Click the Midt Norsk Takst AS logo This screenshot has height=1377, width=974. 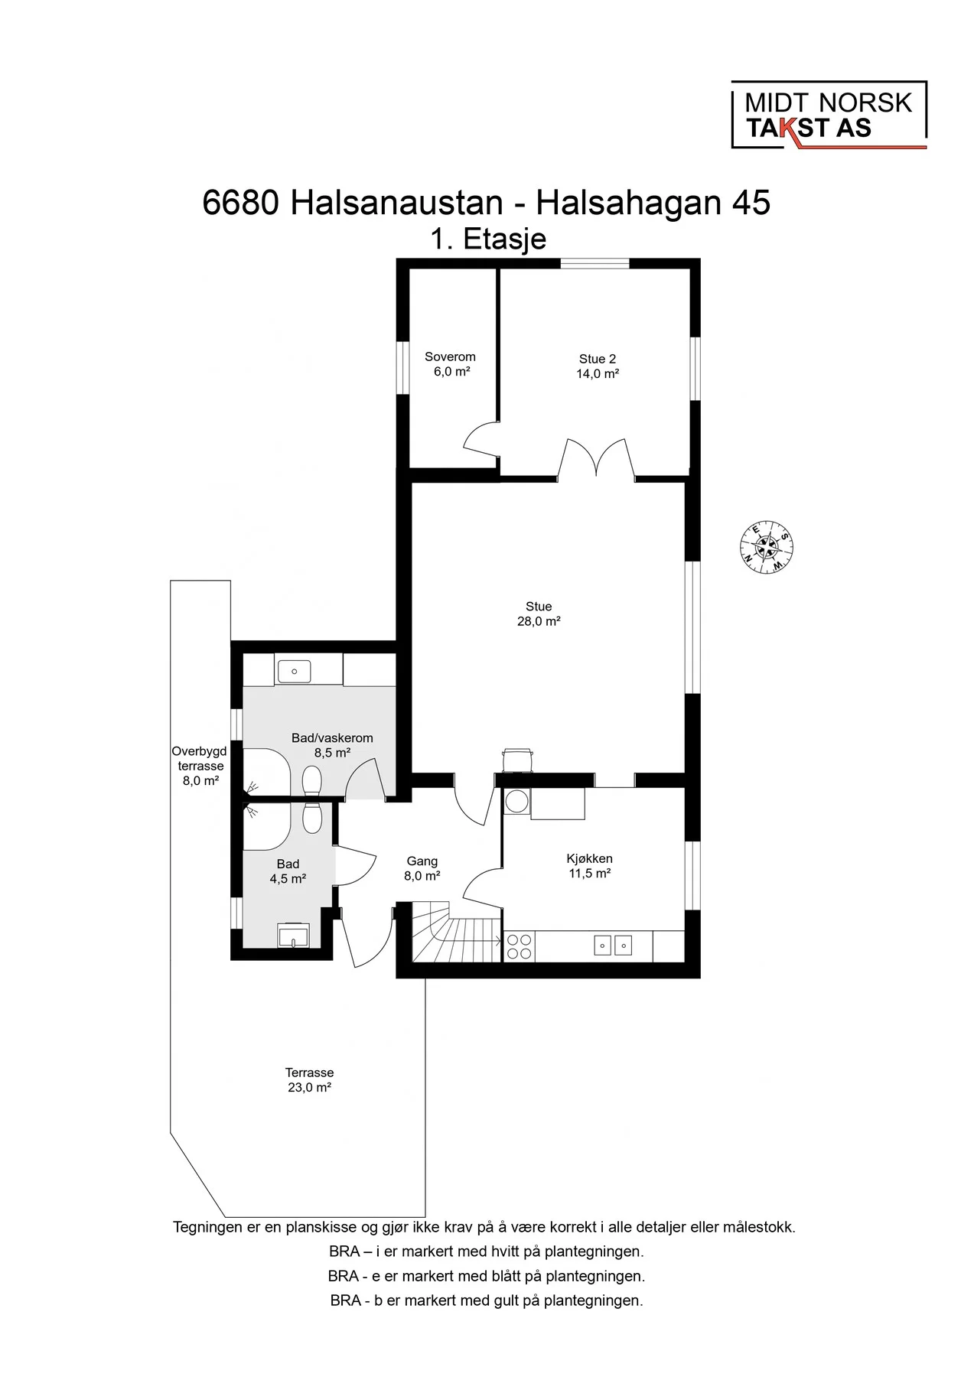pyautogui.click(x=829, y=115)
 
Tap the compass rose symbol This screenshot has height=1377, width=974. pyautogui.click(x=766, y=547)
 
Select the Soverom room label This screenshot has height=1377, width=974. pyautogui.click(x=450, y=356)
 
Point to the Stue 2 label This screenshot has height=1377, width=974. pyautogui.click(x=598, y=359)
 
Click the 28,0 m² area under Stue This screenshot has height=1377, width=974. pyautogui.click(x=539, y=621)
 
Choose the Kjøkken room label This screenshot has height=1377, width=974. pyautogui.click(x=590, y=858)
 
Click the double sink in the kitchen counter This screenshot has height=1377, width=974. pyautogui.click(x=614, y=946)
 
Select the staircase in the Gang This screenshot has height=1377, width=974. pyautogui.click(x=457, y=931)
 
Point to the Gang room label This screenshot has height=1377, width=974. pyautogui.click(x=422, y=861)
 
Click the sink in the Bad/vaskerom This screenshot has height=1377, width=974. pyautogui.click(x=294, y=671)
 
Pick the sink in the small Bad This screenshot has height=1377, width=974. pyautogui.click(x=293, y=935)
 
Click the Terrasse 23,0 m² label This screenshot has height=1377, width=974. pyautogui.click(x=309, y=1080)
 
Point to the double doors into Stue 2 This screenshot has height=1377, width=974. pyautogui.click(x=596, y=459)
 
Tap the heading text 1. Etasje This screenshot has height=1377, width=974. pyautogui.click(x=488, y=239)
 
